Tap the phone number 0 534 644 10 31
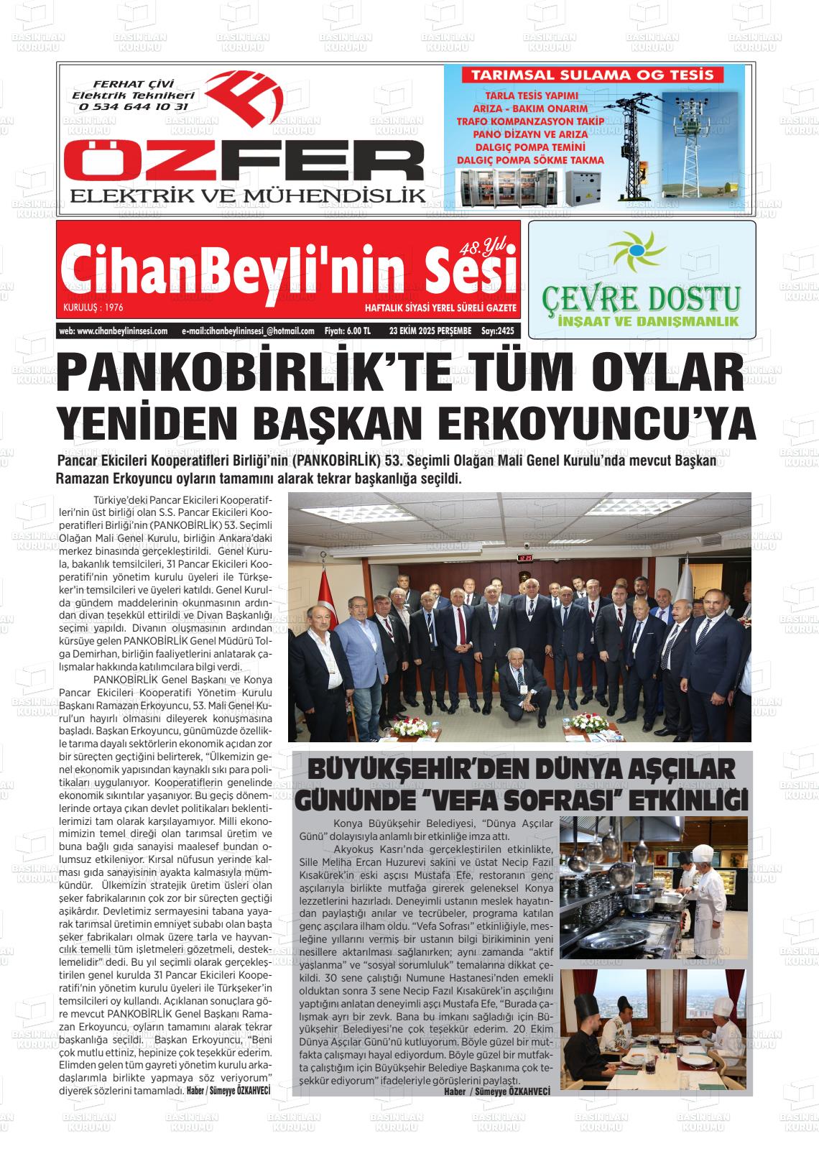pyautogui.click(x=134, y=106)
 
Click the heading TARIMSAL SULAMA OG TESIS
pyautogui.click(x=591, y=75)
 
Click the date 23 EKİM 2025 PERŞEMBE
pyautogui.click(x=430, y=331)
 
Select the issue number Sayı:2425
pyautogui.click(x=497, y=331)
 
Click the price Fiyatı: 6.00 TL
pyautogui.click(x=348, y=331)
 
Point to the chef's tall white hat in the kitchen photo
pyautogui.click(x=703, y=853)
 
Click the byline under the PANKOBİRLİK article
pyautogui.click(x=228, y=1090)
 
